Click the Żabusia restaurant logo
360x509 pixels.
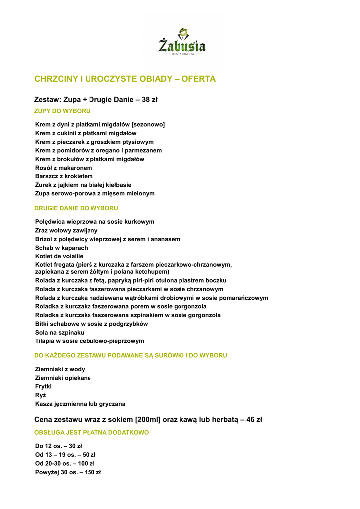182,42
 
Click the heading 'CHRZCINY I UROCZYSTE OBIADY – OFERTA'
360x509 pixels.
125,79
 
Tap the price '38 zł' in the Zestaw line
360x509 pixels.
149,100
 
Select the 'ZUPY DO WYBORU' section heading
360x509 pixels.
62,111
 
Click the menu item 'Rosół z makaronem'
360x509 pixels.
64,168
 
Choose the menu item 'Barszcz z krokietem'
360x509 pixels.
64,176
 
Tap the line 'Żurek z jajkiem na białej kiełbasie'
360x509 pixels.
83,185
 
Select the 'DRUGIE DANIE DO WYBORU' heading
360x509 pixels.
76,208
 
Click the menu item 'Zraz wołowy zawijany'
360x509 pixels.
66,231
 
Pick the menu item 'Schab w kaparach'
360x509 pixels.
61,248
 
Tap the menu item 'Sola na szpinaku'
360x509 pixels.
60,332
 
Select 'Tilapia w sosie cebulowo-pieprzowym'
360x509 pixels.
90,341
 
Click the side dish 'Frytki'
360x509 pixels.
43,386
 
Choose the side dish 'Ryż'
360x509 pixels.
40,395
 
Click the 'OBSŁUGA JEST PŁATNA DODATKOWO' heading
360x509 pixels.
91,433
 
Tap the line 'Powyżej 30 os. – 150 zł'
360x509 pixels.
68,472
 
